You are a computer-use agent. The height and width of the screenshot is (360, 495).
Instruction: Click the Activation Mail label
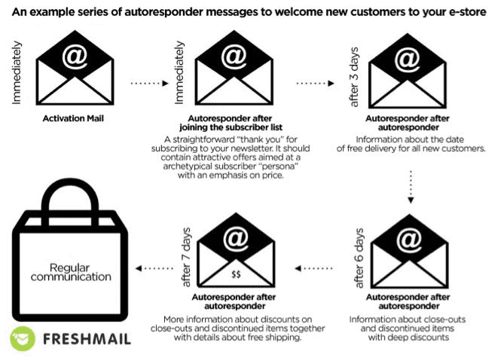(74, 119)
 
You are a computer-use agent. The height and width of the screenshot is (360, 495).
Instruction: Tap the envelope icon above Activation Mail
(74, 72)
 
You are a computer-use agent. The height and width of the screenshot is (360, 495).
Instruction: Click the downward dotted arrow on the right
(409, 184)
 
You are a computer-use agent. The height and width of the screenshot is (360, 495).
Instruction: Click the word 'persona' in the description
(270, 166)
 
